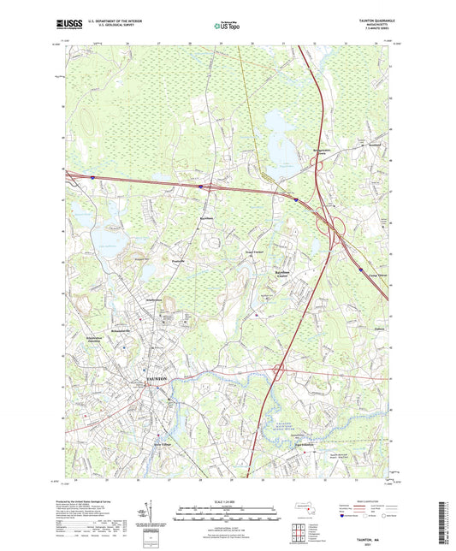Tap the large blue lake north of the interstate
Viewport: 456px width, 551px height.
(281, 133)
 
